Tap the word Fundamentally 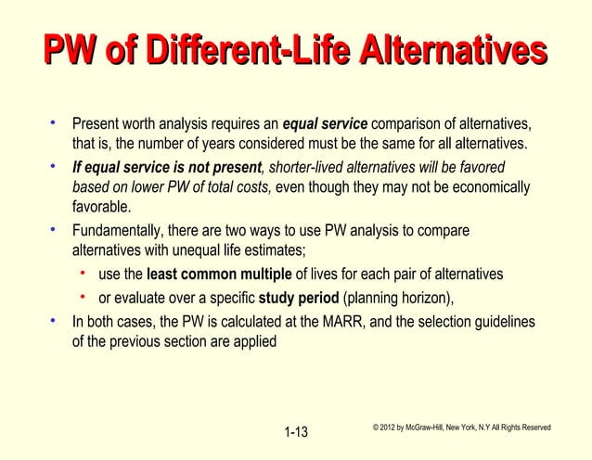pos(119,231)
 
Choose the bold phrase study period pos(298,298)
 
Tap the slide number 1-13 pos(297,433)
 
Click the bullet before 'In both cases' pos(57,320)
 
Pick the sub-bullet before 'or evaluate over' pos(84,297)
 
